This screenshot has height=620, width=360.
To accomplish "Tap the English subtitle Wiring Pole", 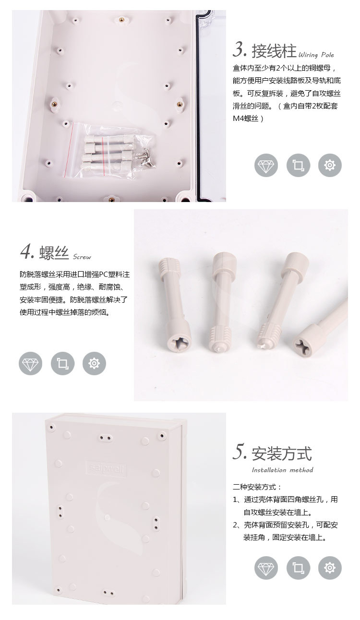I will click(316, 55).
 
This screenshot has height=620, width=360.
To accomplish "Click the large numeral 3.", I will click(240, 49).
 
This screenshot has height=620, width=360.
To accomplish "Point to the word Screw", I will click(82, 257).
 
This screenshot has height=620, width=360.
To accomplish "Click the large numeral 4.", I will click(27, 252).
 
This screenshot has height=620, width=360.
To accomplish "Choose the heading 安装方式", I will click(282, 453).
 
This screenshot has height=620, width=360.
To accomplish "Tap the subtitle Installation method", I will click(282, 470).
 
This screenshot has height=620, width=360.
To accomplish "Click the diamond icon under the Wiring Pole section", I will click(265, 166).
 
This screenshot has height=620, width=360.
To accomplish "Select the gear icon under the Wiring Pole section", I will click(330, 166).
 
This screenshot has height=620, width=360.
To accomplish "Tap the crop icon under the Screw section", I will click(62, 363).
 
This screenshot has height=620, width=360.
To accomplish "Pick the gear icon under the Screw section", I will click(94, 363).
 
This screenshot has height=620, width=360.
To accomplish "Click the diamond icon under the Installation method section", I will click(265, 569).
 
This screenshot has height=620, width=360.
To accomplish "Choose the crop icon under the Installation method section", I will click(298, 569).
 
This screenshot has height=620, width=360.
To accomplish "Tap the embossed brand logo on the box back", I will click(105, 466).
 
